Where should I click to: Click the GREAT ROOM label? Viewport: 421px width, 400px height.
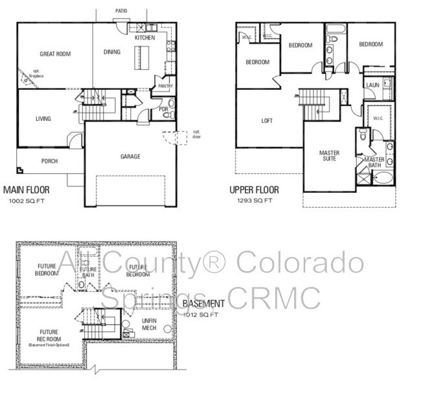pyautogui.click(x=54, y=54)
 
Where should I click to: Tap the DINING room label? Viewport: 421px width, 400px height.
pyautogui.click(x=111, y=52)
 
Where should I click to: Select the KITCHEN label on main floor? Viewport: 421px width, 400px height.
pyautogui.click(x=144, y=38)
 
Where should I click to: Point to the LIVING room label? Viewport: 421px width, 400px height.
pyautogui.click(x=43, y=119)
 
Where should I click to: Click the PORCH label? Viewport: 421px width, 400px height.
pyautogui.click(x=49, y=161)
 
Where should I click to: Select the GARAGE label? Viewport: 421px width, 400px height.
pyautogui.click(x=130, y=156)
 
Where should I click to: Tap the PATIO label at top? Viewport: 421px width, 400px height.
pyautogui.click(x=121, y=11)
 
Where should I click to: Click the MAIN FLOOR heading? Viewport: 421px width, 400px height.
pyautogui.click(x=26, y=190)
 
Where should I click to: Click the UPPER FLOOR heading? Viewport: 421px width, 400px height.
pyautogui.click(x=254, y=190)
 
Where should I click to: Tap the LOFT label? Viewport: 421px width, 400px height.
pyautogui.click(x=267, y=121)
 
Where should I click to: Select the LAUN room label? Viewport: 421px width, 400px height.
pyautogui.click(x=372, y=85)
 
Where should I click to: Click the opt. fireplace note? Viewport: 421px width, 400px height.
pyautogui.click(x=27, y=73)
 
